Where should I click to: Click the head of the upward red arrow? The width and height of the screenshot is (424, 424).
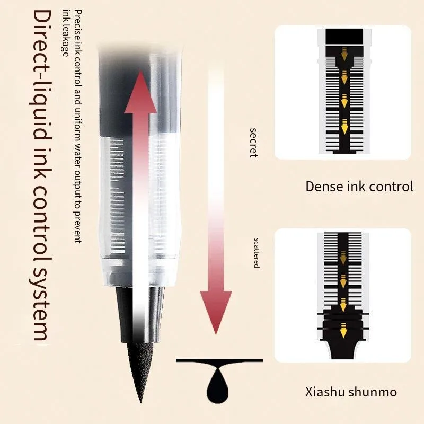140,92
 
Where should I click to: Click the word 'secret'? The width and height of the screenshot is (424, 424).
253,143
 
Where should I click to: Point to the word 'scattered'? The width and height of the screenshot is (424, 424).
257,253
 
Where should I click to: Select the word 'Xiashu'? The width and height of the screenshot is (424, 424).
325,392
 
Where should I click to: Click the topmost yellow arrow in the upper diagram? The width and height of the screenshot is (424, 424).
344,54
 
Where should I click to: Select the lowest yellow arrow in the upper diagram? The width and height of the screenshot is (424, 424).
344,127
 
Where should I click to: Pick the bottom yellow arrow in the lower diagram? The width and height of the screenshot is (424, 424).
343,330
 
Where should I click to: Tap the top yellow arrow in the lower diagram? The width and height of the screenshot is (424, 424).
343,258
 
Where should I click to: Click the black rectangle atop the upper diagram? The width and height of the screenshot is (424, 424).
344,36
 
